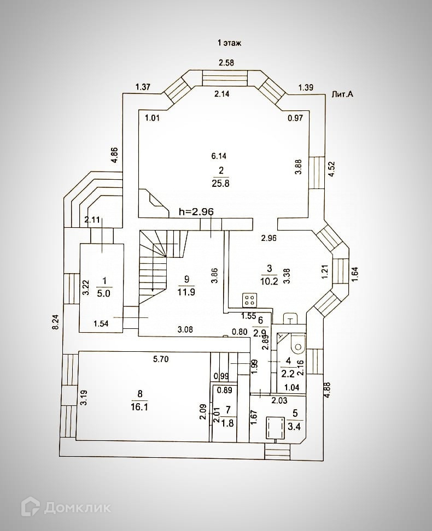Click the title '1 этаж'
point(229,43)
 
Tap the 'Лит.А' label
point(342,94)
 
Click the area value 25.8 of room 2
point(221,184)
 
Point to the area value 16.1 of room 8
point(139,406)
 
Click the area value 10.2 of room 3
point(269,281)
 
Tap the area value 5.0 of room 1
point(103,293)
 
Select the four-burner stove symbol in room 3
point(249,300)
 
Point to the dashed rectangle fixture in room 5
point(275,427)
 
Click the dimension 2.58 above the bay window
point(226,63)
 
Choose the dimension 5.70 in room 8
point(161,359)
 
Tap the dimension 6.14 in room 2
point(219,156)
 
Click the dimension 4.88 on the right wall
point(327,390)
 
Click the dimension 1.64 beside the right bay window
point(355,274)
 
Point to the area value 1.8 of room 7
point(227,423)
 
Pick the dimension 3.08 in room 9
point(185,329)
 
